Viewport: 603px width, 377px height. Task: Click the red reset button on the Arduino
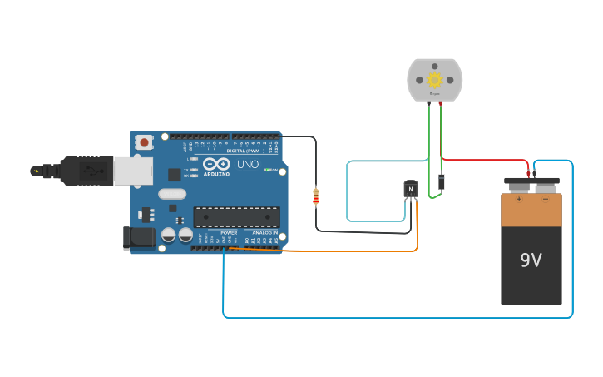click(145, 142)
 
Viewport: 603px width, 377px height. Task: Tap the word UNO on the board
click(248, 165)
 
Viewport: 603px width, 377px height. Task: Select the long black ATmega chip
click(236, 216)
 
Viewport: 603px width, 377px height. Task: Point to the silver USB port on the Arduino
click(132, 171)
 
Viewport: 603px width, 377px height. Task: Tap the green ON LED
click(266, 170)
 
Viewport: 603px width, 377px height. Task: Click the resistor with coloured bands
click(315, 196)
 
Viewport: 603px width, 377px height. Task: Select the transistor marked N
click(410, 190)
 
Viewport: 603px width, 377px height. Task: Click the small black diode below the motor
click(441, 181)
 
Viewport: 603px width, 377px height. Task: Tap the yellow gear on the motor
click(434, 80)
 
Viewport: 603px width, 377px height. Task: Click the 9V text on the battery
click(531, 260)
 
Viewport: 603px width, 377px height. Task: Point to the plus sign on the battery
click(519, 199)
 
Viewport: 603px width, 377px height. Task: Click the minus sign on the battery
click(546, 199)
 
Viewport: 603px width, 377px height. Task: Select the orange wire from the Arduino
click(349, 250)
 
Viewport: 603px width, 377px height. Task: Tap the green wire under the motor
click(429, 150)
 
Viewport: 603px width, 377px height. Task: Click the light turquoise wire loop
click(347, 191)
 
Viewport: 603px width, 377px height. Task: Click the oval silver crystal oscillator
click(172, 194)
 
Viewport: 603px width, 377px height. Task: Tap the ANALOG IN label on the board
click(264, 233)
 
